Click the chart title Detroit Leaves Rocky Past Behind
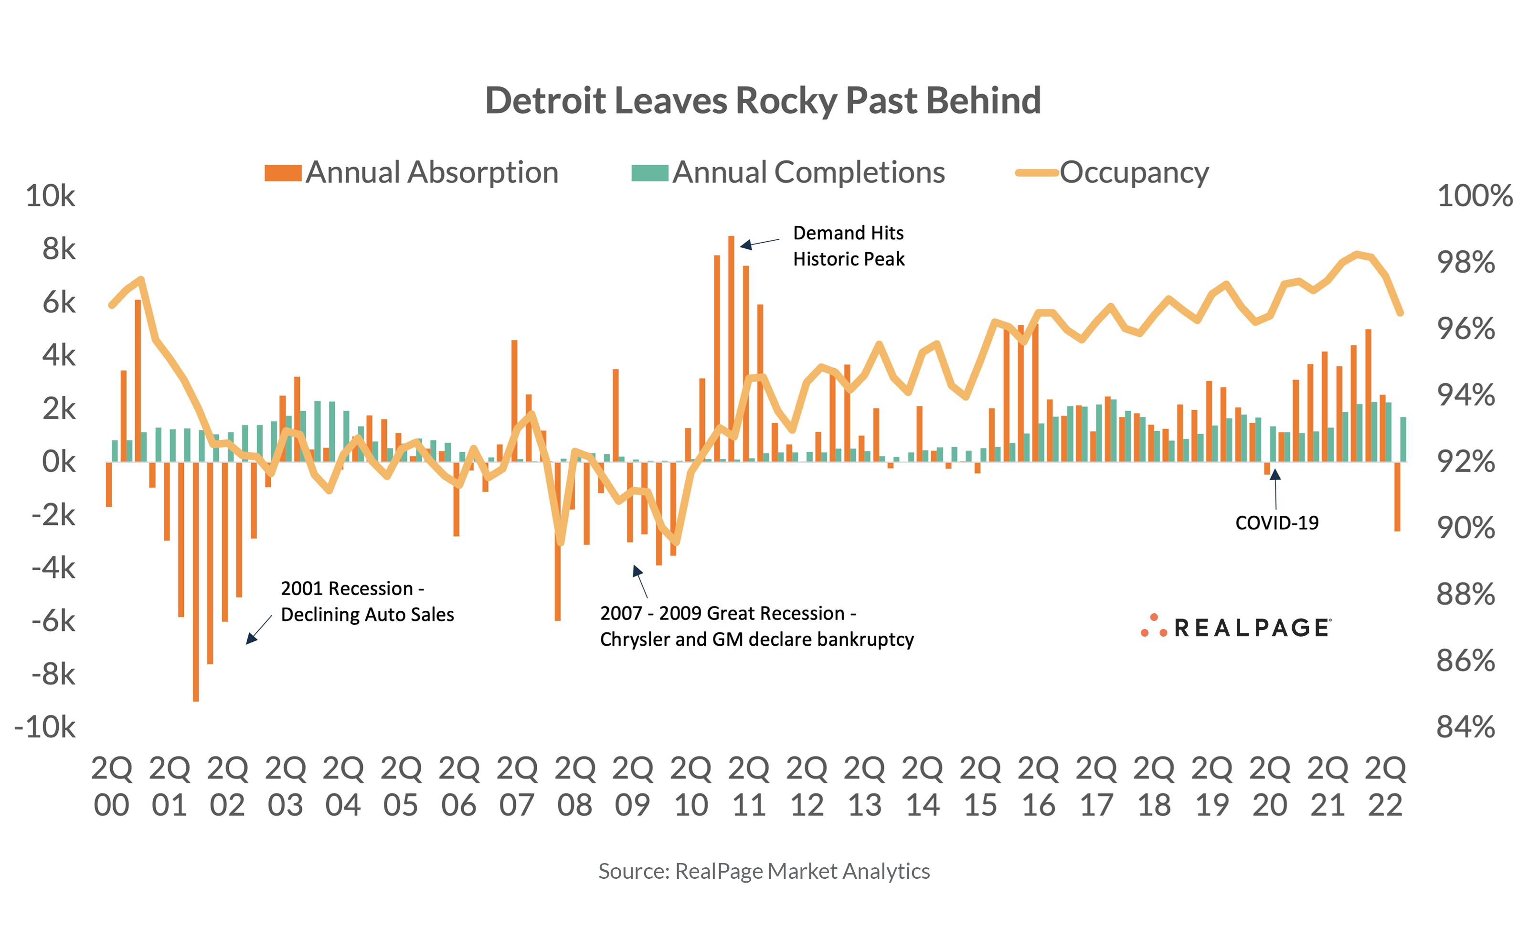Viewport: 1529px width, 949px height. pos(763,100)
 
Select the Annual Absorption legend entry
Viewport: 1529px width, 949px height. pos(412,172)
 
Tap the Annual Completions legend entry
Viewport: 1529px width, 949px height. pos(788,172)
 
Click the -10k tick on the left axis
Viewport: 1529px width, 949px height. pos(45,727)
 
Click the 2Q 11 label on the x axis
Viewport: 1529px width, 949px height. pos(748,787)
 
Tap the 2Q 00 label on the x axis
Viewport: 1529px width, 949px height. pos(112,787)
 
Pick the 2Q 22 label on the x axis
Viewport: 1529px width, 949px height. pos(1385,787)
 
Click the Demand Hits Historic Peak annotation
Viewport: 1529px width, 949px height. pos(848,246)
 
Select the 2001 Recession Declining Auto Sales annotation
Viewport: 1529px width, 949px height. pos(367,601)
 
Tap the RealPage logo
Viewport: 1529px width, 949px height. pos(1235,627)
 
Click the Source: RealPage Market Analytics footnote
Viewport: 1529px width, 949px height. pos(764,871)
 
